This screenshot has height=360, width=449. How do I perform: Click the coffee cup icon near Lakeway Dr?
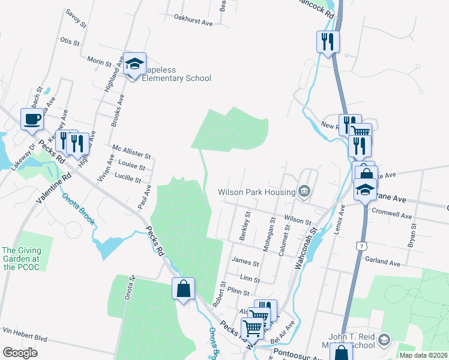[32, 119]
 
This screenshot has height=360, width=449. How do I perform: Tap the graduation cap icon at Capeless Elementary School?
[135, 63]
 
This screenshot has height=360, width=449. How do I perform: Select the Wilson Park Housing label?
[257, 192]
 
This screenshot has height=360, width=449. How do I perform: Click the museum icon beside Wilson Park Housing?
[304, 192]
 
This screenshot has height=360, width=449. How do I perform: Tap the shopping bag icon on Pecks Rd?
[183, 289]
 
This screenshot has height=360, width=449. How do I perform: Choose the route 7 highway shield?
[360, 247]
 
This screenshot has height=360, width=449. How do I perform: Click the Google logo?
[20, 352]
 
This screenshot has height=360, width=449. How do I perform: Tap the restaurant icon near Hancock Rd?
[327, 41]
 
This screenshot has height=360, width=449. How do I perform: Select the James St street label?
[245, 262]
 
